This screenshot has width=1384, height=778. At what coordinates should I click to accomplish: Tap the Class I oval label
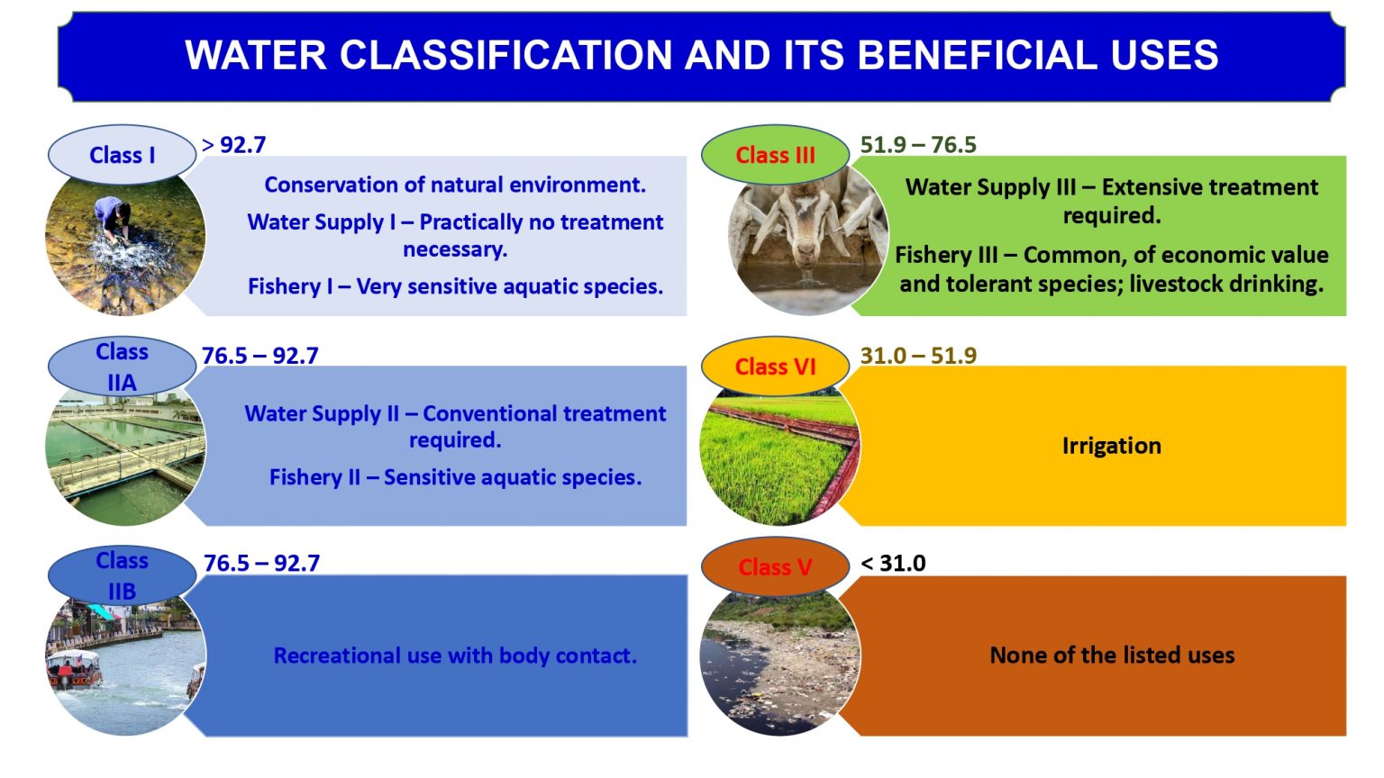(x=122, y=155)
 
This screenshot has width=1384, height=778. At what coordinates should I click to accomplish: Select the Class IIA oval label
(x=122, y=366)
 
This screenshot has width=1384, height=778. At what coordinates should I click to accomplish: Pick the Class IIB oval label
(x=122, y=575)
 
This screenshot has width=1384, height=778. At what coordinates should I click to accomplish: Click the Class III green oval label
(x=775, y=155)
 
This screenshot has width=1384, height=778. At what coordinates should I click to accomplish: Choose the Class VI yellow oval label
(x=775, y=366)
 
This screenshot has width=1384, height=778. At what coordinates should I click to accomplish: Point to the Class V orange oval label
(x=775, y=567)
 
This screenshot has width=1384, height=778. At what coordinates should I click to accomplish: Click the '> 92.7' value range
(x=234, y=145)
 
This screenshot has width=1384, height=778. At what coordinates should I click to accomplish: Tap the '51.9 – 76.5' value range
(x=917, y=145)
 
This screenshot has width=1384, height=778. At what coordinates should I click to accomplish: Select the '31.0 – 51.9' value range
(x=917, y=356)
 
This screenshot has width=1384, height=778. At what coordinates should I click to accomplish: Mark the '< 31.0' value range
(x=893, y=564)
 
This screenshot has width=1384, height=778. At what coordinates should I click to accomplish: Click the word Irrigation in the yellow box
(x=1111, y=446)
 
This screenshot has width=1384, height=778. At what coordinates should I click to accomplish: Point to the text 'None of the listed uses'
(x=1112, y=656)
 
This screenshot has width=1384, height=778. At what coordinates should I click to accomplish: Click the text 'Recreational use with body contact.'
(x=455, y=656)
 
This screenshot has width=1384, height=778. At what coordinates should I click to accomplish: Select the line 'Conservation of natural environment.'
(x=455, y=185)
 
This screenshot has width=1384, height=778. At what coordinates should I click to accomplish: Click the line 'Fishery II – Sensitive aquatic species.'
(x=455, y=477)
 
